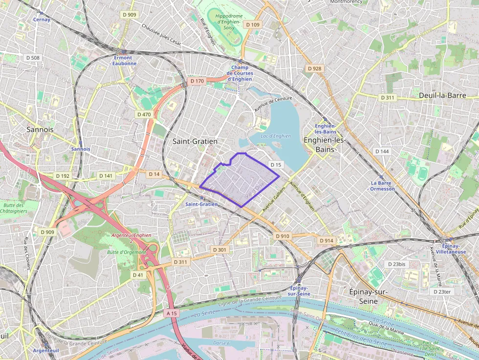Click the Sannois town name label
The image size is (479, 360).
(x=40, y=129)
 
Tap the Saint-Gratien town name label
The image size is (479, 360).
(x=195, y=141)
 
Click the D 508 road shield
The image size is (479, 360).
(x=32, y=58)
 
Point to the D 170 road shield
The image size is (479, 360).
(x=196, y=81)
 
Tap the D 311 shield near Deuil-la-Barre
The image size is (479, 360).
(x=387, y=98)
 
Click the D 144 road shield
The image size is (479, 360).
(x=382, y=151)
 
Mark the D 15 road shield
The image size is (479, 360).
(x=276, y=165)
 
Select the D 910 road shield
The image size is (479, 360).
(x=283, y=236)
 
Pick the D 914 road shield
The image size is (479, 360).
(x=326, y=241)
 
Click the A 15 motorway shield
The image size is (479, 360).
(x=172, y=313)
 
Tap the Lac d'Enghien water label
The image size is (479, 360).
(x=276, y=136)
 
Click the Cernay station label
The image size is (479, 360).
(x=42, y=20)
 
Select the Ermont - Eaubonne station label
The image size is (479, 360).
(x=124, y=61)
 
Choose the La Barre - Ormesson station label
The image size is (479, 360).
(x=382, y=186)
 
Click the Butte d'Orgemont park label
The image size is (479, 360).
(x=126, y=253)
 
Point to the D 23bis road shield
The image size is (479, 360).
(x=396, y=264)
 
